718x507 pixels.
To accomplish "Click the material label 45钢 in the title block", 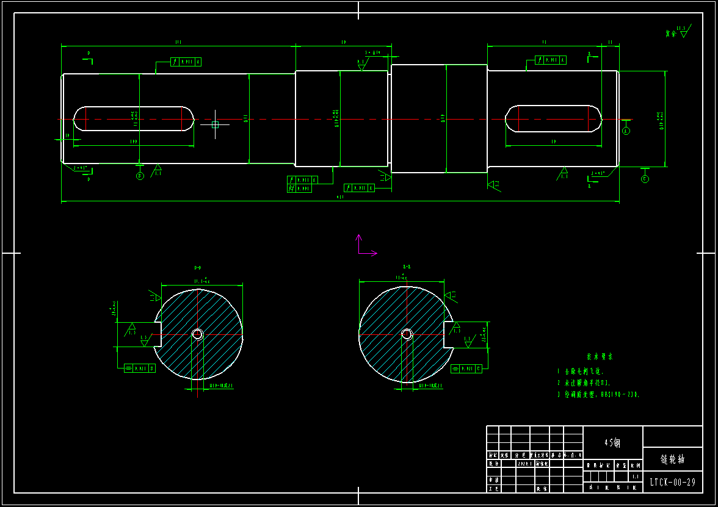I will click(x=613, y=443).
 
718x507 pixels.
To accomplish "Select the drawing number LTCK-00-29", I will click(x=672, y=482).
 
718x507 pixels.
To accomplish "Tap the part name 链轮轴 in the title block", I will click(x=672, y=459).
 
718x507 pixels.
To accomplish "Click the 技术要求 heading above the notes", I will click(x=600, y=356).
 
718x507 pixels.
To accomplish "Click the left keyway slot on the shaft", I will click(x=134, y=118).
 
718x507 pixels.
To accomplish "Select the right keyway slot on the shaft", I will click(x=553, y=118).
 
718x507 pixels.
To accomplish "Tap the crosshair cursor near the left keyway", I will click(x=215, y=124).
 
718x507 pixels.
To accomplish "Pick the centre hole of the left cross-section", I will click(x=197, y=334).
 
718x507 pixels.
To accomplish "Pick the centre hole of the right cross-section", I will click(x=406, y=334).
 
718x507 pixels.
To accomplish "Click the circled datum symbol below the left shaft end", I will click(x=140, y=176).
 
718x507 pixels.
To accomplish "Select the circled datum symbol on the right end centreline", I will click(x=626, y=131).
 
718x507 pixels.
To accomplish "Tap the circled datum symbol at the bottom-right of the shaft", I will click(x=645, y=179).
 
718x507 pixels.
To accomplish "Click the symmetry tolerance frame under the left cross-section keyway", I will click(x=139, y=369).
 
